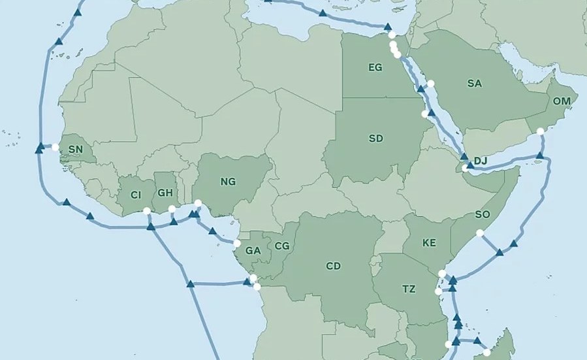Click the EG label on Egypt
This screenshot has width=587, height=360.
(375, 67)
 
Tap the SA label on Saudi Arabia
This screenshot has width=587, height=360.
(474, 84)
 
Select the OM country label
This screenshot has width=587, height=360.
(562, 101)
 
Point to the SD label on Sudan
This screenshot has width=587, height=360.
(375, 139)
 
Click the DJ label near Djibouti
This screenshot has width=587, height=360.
(481, 161)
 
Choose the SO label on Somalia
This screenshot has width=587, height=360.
(482, 214)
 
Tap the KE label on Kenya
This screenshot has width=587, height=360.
(429, 243)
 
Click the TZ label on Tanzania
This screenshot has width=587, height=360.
(409, 289)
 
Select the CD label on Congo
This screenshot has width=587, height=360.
(333, 266)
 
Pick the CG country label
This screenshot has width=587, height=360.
(282, 246)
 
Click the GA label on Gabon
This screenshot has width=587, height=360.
(253, 250)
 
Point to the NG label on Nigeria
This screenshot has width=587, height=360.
(228, 182)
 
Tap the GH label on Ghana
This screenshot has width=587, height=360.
(165, 193)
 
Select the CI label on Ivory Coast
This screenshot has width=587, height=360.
(136, 195)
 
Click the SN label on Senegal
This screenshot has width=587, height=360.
(76, 150)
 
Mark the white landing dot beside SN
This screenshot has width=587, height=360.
(56, 147)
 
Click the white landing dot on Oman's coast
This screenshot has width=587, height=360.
(540, 132)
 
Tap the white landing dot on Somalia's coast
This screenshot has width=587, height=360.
(480, 233)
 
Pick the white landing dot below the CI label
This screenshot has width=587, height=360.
(146, 210)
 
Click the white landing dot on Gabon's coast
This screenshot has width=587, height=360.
(237, 244)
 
